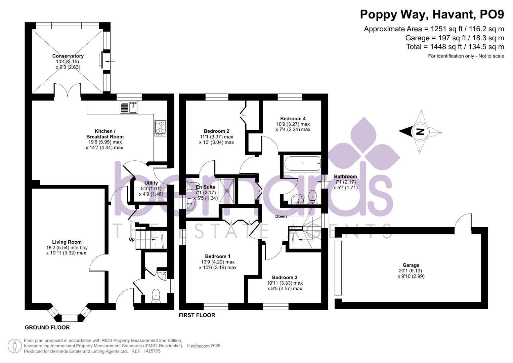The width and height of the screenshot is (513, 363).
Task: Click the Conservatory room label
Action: [68, 56]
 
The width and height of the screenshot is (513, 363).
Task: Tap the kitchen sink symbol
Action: [129, 107]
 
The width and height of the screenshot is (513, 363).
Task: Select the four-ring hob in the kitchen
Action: [160, 128]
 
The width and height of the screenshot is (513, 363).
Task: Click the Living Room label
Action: [67, 242]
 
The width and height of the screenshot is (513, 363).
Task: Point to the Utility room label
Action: [151, 183]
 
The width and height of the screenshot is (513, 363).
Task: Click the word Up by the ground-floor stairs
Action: [132, 240]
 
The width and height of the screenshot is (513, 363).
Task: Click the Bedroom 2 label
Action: [216, 131]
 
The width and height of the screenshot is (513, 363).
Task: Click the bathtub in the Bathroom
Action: [302, 164]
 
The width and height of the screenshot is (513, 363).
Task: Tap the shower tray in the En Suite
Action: [227, 191]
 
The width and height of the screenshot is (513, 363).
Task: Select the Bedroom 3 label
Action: [285, 278]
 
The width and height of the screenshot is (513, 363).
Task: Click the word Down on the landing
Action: [281, 216]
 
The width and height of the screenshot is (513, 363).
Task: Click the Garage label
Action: [411, 265]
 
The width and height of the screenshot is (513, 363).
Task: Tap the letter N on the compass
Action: [420, 131]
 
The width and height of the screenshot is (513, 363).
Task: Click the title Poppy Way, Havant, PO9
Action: [432, 14]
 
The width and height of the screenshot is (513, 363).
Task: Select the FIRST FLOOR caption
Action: [197, 315]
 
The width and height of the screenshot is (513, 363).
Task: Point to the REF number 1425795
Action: [152, 351]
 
